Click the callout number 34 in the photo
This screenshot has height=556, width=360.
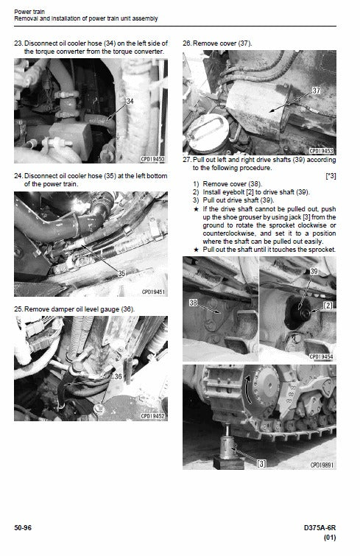coord(130,102)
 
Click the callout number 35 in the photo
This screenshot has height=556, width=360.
coord(122,272)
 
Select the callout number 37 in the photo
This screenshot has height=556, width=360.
coord(316,90)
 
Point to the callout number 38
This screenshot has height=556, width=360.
coord(194,302)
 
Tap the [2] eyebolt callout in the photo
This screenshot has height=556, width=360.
coord(327,304)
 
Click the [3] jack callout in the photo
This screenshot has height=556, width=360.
coord(261,464)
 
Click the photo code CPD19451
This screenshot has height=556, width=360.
coord(153,292)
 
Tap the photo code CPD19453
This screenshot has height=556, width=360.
coord(322,150)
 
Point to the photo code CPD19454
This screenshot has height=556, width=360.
coord(322,356)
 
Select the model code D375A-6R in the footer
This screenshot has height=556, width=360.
coord(319,527)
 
